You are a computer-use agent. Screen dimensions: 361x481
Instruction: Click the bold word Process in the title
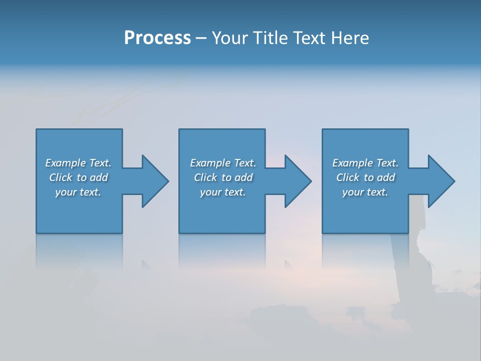[157, 38]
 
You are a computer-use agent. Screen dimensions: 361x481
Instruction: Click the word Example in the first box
[65, 163]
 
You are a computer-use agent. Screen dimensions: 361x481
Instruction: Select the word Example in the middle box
[210, 163]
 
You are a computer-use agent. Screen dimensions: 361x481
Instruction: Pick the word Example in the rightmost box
[352, 163]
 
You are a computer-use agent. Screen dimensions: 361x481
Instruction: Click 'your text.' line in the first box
[78, 192]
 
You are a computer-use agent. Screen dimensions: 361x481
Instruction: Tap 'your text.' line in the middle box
[223, 192]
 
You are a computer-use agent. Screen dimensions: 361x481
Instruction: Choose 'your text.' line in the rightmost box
[365, 192]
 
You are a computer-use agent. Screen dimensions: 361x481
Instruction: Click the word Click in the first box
[60, 177]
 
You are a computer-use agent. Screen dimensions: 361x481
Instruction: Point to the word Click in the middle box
[205, 177]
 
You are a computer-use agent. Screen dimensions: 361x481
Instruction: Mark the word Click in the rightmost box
[347, 177]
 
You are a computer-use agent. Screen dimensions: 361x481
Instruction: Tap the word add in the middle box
[244, 177]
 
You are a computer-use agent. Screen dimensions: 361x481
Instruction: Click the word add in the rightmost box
[386, 177]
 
